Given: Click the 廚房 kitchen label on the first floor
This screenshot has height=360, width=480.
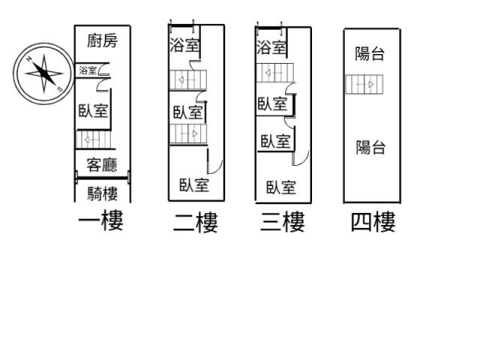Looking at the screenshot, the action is [102, 41].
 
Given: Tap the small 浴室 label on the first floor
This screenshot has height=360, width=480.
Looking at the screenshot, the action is [88, 70].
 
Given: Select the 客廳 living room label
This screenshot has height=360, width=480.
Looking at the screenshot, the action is [102, 165].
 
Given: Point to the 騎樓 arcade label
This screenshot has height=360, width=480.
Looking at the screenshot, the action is [103, 193].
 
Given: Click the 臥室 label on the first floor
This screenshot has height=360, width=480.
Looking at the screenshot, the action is [93, 110].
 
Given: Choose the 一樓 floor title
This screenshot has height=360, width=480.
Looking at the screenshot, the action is [101, 220].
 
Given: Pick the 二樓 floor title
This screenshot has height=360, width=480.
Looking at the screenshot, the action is [196, 222].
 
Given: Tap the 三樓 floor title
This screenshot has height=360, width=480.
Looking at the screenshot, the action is [283, 222].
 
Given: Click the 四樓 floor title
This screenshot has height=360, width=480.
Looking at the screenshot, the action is [373, 222].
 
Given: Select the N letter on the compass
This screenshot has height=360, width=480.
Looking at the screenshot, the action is [29, 59].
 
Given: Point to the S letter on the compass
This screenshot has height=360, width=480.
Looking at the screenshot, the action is [59, 89].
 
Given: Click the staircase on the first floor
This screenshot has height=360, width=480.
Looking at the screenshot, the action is [94, 140].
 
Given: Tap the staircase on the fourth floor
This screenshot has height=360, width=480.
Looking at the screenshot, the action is [364, 84].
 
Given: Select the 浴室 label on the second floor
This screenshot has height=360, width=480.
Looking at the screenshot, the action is [184, 45].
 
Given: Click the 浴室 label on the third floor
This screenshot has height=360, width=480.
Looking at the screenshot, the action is [271, 47].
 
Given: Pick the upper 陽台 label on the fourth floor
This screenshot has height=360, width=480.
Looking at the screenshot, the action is [370, 53].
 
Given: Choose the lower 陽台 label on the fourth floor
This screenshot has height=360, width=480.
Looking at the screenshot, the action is [370, 147].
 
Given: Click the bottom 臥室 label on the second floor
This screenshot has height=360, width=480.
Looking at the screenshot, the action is [194, 185].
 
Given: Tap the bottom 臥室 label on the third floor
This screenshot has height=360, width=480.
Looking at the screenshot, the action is [281, 187].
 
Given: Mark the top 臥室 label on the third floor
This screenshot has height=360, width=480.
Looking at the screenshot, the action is [272, 103].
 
